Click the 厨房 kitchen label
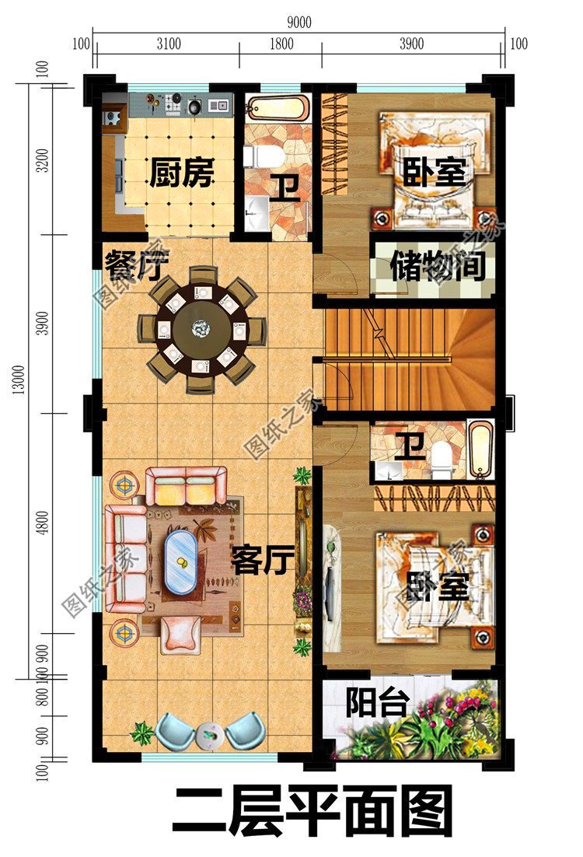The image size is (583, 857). point(180,173)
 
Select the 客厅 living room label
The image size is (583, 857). point(262,559)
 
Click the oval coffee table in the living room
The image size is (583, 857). point(184,561)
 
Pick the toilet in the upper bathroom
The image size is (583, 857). point(264,156)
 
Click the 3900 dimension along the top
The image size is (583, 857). point(411,44)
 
